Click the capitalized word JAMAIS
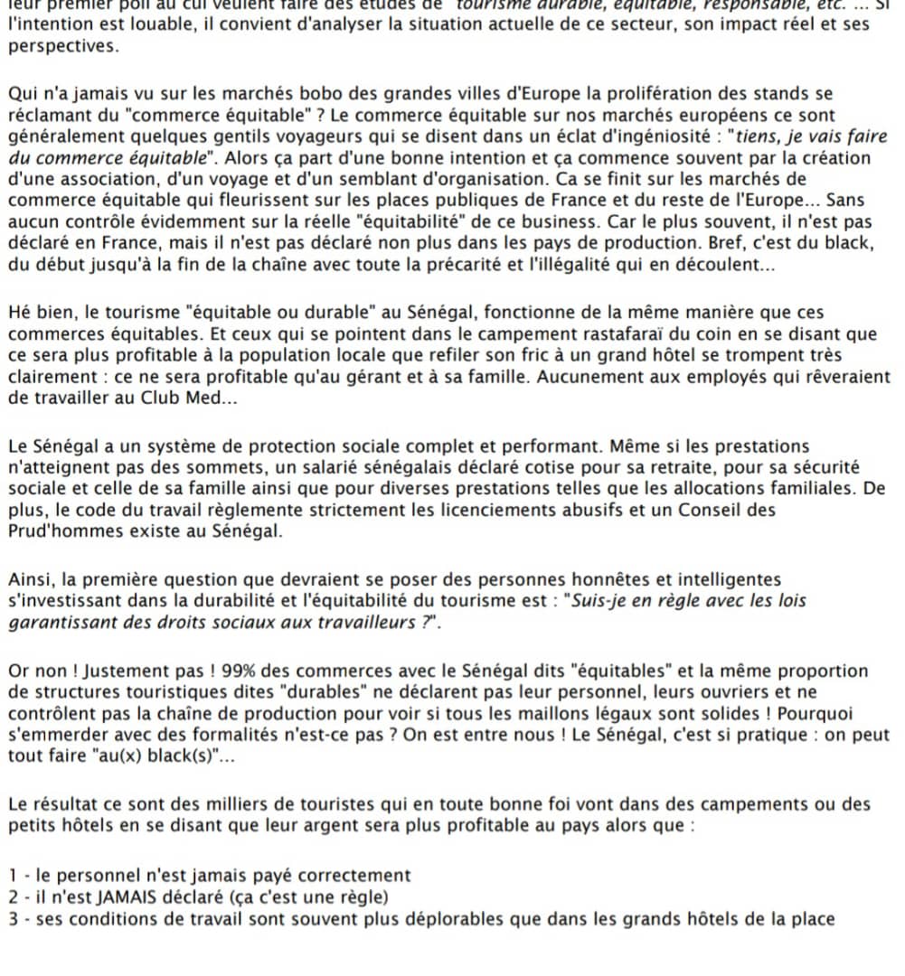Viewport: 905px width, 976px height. tap(130, 897)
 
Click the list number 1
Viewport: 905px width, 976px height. tap(13, 876)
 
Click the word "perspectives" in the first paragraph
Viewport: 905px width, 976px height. tap(62, 45)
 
